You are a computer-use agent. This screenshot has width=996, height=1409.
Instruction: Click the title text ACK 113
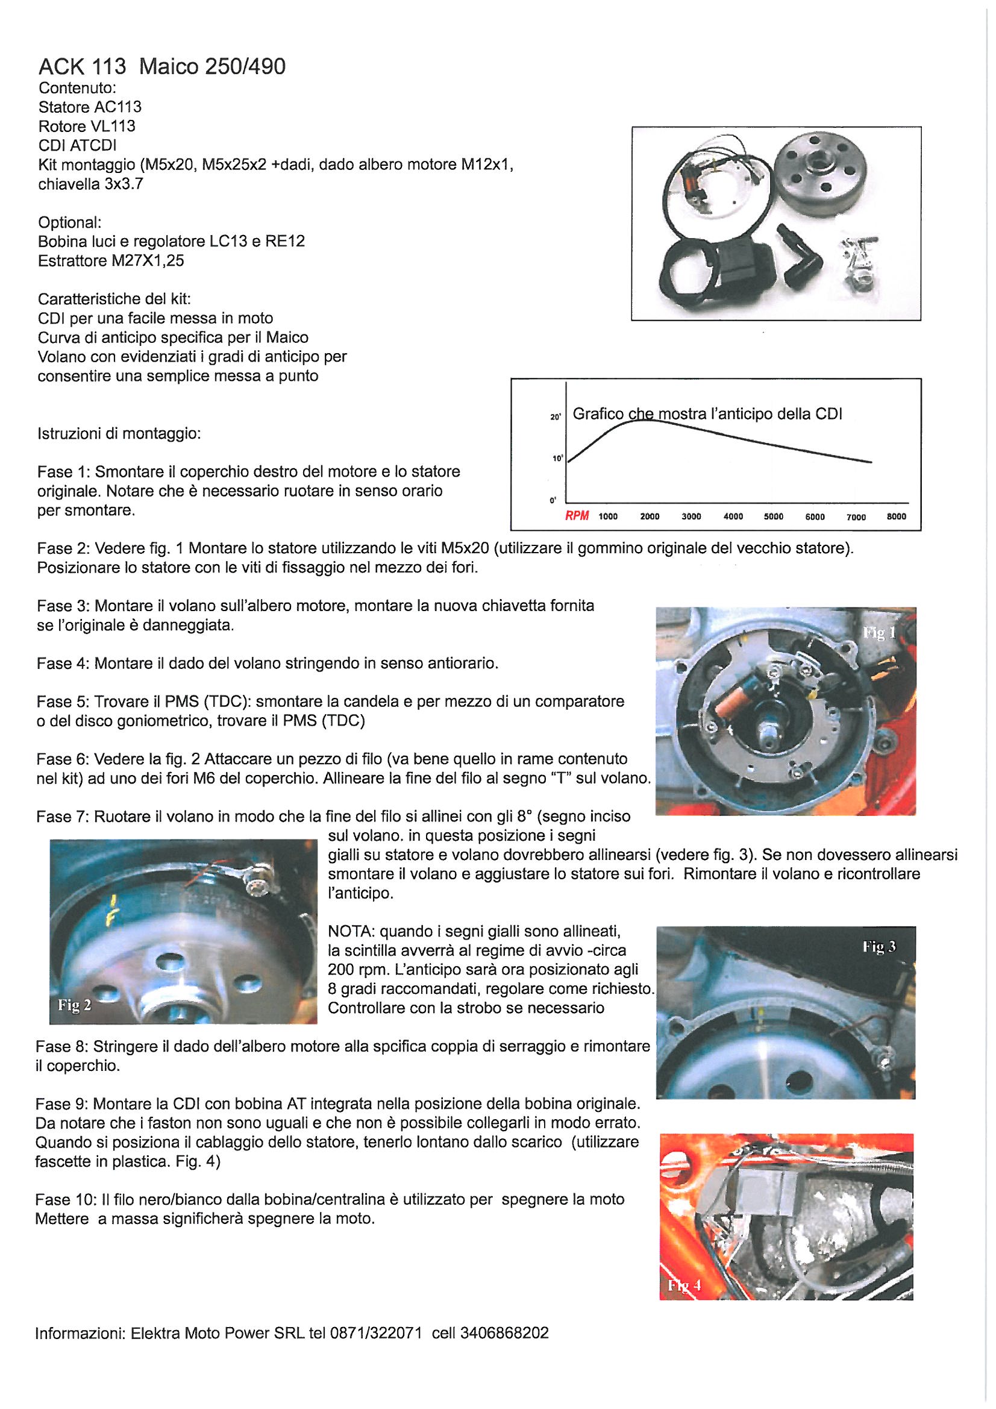82,66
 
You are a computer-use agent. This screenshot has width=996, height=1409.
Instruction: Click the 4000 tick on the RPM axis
733,516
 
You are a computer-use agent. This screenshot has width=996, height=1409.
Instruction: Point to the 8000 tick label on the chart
896,516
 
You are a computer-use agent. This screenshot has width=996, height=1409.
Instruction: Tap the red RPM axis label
577,516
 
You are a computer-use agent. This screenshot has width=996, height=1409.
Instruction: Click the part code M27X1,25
147,261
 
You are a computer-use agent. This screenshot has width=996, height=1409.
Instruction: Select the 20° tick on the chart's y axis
556,417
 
